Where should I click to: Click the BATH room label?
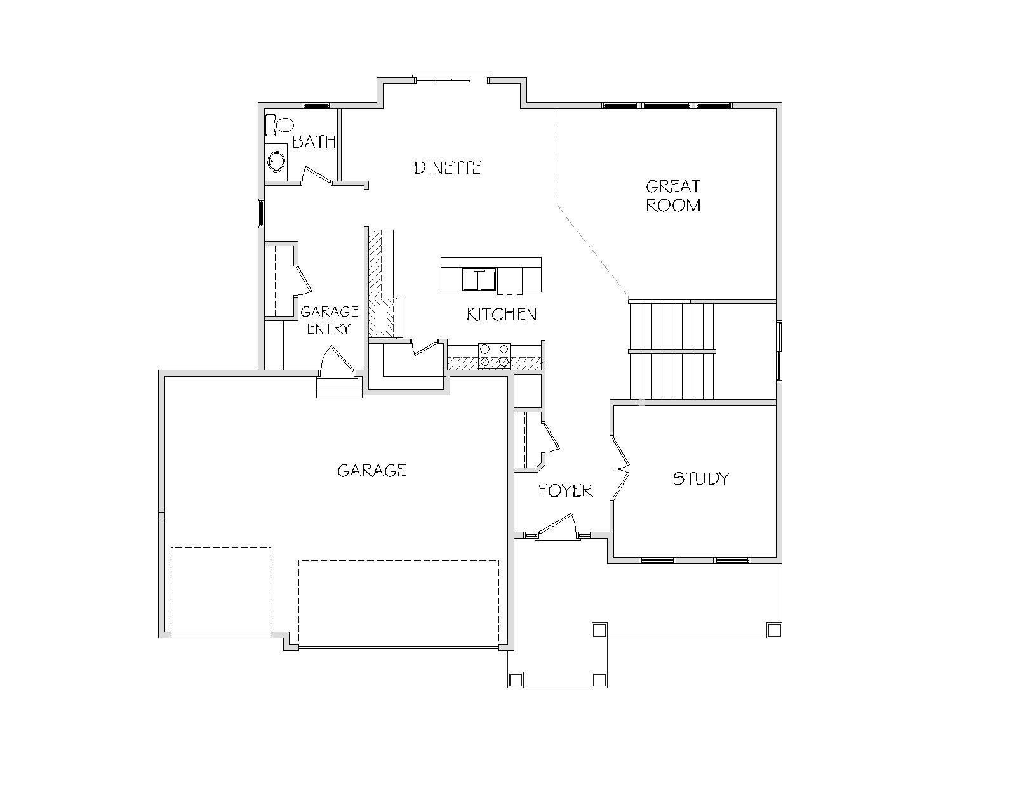(314, 141)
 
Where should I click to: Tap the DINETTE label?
(448, 168)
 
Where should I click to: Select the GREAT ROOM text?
(672, 196)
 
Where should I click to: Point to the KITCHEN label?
(502, 315)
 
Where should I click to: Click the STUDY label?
(700, 478)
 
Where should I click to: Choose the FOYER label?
(566, 491)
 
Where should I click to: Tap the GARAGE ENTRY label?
(329, 320)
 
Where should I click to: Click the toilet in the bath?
(279, 125)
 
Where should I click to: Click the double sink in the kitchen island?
(479, 280)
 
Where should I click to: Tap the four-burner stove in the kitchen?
(494, 356)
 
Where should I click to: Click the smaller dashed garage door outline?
(221, 591)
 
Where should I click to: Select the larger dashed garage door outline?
(399, 603)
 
